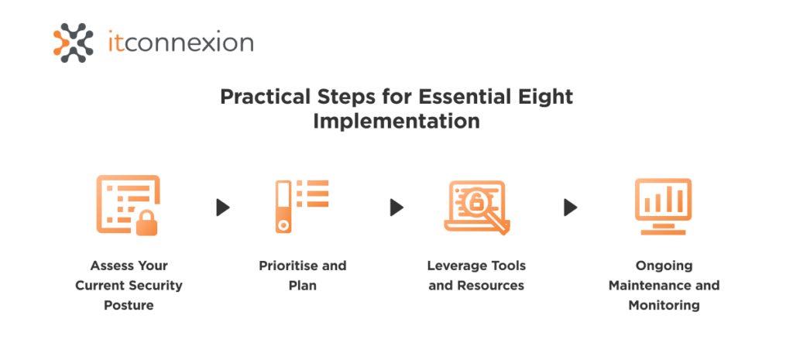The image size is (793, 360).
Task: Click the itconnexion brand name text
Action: pos(180,43)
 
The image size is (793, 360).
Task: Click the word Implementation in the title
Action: pos(396,122)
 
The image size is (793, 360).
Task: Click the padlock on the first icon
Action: pos(146,225)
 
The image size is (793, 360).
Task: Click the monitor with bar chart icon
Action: pos(663,206)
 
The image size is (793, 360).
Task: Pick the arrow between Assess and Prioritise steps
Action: pos(223,207)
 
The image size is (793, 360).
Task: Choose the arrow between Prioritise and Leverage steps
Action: pos(396,207)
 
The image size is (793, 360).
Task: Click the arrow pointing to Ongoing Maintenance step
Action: pos(571,207)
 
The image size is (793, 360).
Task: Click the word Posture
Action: pos(129,305)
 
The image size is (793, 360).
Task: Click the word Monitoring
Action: pos(664,305)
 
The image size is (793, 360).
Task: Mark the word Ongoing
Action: pos(664,266)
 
